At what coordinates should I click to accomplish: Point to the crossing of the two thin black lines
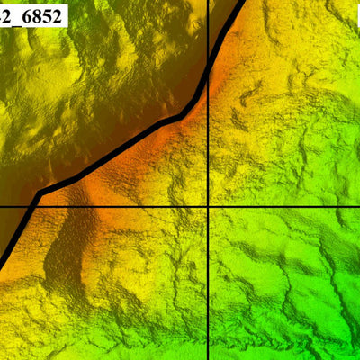(209, 207)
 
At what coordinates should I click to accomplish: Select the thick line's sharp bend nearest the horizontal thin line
(40, 193)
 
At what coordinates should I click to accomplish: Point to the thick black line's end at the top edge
(240, 3)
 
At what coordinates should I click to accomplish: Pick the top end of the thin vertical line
(209, 2)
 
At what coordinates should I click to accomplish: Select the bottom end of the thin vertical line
(209, 357)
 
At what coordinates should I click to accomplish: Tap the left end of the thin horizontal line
(2, 207)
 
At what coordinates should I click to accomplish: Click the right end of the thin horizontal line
(357, 207)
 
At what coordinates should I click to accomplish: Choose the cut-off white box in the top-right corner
(356, 16)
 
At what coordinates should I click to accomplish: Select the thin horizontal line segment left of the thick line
(13, 207)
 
